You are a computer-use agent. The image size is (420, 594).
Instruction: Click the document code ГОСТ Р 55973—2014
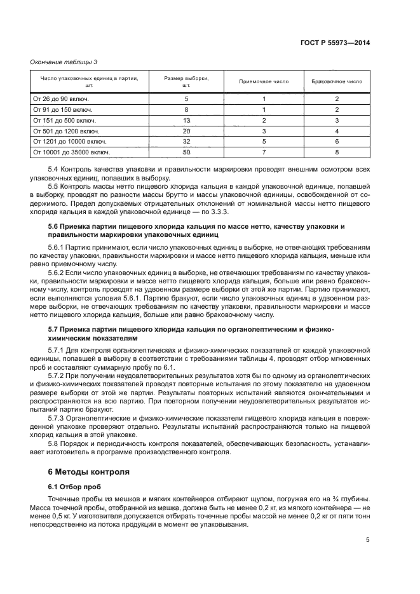pos(334,43)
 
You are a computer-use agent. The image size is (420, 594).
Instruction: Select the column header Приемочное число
pos(264,82)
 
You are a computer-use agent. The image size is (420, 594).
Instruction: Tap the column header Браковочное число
pos(337,82)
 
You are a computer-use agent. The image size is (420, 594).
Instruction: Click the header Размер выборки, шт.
pos(186,82)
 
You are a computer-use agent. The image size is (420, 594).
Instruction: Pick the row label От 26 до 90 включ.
pos(60,99)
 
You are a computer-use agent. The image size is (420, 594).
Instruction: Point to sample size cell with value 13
pos(186,120)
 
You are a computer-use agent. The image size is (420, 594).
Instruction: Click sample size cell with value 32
pos(186,141)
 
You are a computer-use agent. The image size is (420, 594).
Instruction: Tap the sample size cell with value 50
pos(186,152)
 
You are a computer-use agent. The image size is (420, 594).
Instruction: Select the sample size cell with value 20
pos(186,130)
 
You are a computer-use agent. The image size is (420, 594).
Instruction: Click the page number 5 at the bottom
pos(368,540)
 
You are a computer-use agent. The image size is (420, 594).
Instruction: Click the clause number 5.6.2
pos(58,272)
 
